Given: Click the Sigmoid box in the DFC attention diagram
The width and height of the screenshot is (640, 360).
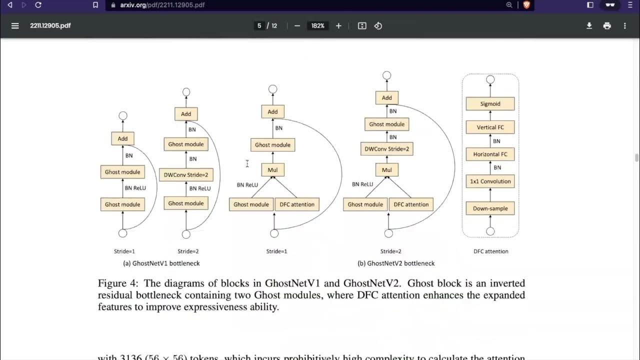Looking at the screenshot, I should (490, 104).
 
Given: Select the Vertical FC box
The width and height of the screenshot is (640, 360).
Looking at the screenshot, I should (490, 127).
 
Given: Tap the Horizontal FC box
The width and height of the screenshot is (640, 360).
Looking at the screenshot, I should (490, 154).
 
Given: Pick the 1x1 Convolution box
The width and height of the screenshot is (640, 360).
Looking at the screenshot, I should (490, 181).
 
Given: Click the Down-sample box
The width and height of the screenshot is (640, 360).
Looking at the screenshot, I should (490, 208).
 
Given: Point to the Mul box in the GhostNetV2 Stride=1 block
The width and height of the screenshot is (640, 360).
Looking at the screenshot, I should (272, 170).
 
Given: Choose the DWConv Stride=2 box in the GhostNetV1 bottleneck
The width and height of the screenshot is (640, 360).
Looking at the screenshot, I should (186, 175).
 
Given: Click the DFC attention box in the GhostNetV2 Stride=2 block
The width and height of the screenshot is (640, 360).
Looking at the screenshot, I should (411, 204).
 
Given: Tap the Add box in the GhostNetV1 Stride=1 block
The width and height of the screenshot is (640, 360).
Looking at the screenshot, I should (122, 139).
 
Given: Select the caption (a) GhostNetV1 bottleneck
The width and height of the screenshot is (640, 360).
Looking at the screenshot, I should (161, 263).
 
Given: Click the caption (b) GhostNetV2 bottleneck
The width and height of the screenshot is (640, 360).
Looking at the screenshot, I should (396, 263).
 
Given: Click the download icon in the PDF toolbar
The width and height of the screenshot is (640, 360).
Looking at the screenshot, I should (589, 25).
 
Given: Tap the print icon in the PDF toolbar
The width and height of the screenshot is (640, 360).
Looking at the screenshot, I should (607, 25).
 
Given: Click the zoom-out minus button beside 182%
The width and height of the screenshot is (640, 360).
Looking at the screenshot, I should (297, 25).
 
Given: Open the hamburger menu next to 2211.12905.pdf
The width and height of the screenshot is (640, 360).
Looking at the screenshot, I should (15, 25).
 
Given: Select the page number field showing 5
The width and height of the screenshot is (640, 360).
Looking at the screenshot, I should (259, 25).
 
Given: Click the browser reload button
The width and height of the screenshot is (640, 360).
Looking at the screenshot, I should (38, 5).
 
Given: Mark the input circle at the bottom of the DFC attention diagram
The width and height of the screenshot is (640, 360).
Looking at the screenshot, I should (490, 231).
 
